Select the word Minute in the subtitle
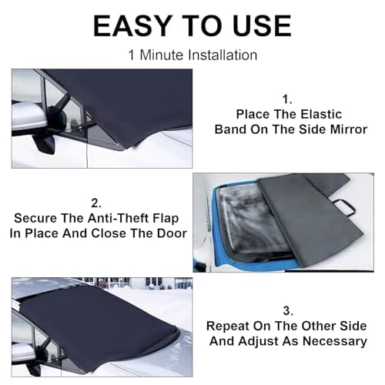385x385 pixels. (162, 55)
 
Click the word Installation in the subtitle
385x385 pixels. (223, 55)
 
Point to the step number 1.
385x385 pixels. (287, 99)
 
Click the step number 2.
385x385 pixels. (96, 203)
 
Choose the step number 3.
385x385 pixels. (288, 311)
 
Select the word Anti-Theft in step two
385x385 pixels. (119, 218)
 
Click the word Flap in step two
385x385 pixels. (166, 219)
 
